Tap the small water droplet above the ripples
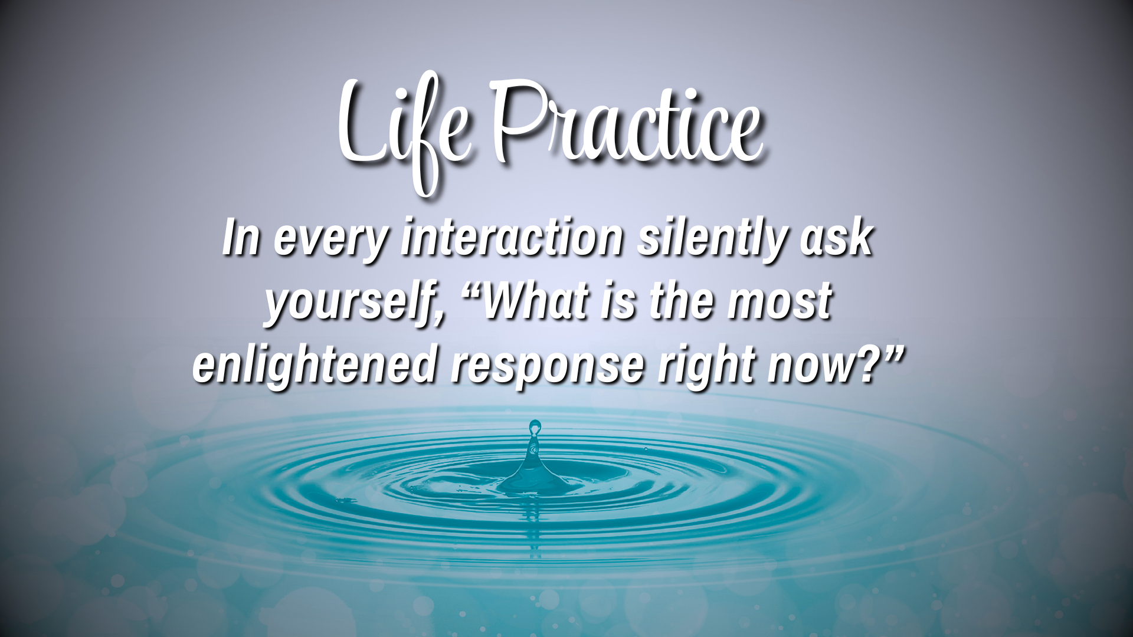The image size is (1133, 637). [535, 425]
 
